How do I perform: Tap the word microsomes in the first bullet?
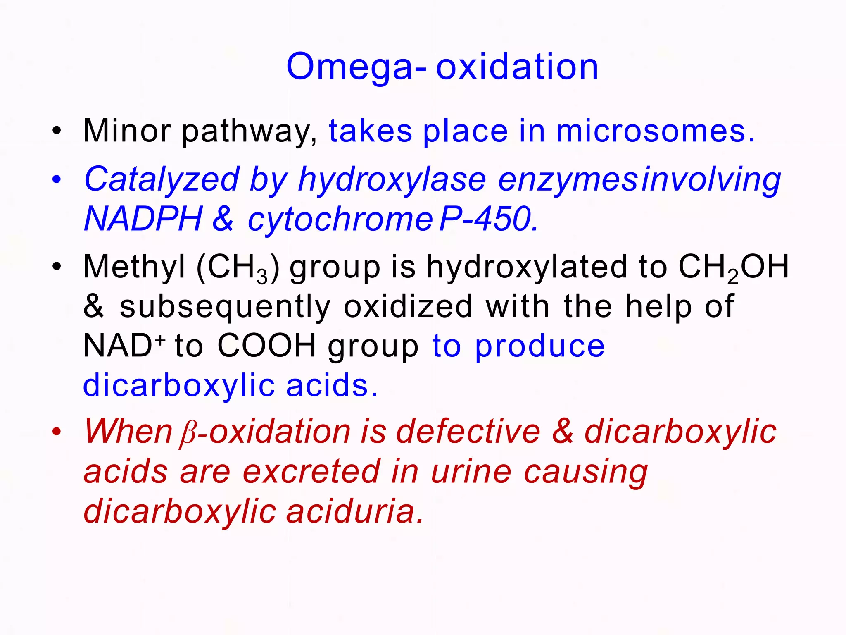coord(655,131)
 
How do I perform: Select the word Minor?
coord(127,131)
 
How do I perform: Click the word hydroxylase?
coord(392,180)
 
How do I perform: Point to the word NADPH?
coord(143,219)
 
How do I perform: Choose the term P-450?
coord(489,219)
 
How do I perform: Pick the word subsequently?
coord(225,307)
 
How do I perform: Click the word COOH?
coord(266,346)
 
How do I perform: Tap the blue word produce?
coord(539,346)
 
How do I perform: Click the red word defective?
coord(468,432)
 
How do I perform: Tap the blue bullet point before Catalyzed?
coord(57,180)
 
